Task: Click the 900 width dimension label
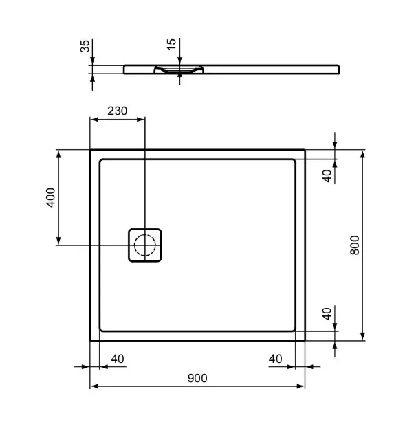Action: point(197,378)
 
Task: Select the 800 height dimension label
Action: point(355,245)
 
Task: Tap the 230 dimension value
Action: point(117,111)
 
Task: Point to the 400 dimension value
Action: point(51,197)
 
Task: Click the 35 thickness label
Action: point(85,46)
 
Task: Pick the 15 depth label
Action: point(171,44)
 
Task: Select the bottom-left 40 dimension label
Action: point(118,359)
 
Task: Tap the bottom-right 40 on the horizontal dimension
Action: point(276,359)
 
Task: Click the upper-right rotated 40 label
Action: point(327,176)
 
